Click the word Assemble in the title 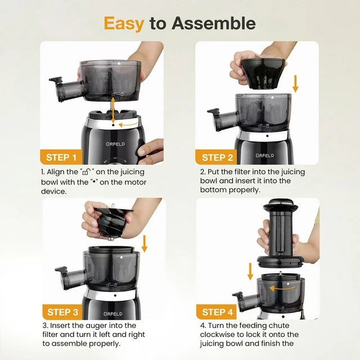[x=214, y=23]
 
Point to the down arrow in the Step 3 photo [x=145, y=244]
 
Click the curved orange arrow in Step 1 [x=129, y=124]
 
